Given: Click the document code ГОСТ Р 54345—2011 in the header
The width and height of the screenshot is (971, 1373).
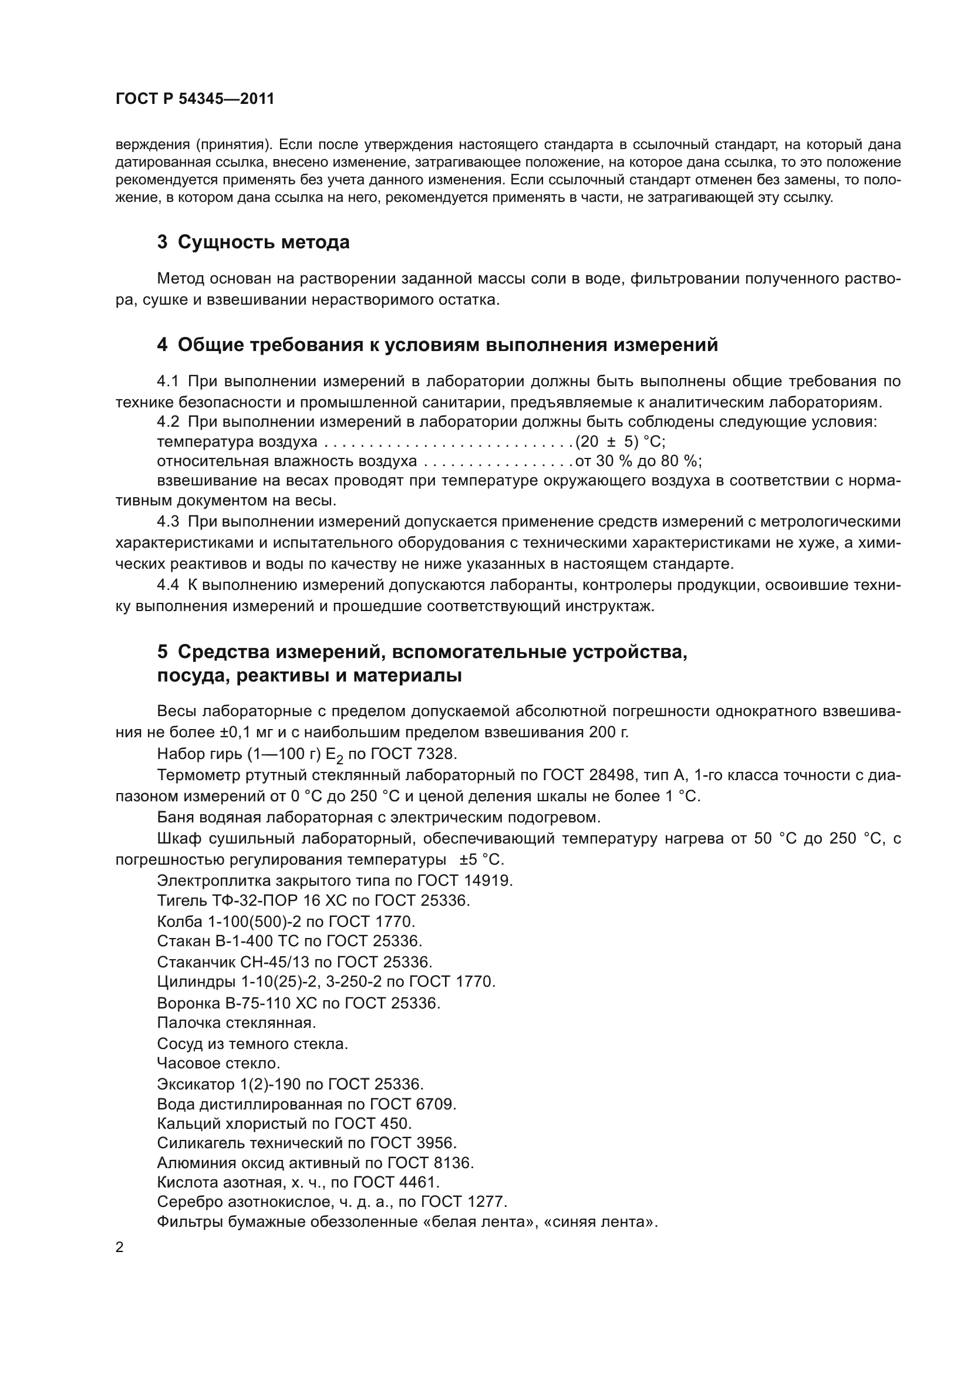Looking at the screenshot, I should tap(195, 99).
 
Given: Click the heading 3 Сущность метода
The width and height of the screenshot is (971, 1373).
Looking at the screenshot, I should tap(253, 242).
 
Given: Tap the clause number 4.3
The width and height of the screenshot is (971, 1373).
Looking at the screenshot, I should tap(168, 521).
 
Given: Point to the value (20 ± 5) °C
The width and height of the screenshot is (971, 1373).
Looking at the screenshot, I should tap(620, 442).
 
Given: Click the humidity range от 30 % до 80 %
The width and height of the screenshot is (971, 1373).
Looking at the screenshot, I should tap(638, 461).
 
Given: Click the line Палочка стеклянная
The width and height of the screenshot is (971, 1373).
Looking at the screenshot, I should tap(236, 1023).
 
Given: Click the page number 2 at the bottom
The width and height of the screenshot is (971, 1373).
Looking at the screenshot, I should tap(120, 1247).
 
